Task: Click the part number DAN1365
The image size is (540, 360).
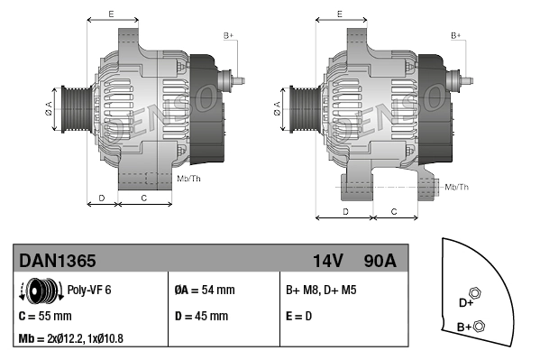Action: tap(58, 261)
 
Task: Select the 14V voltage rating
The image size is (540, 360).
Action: tap(327, 261)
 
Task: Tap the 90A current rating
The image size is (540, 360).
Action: tap(380, 261)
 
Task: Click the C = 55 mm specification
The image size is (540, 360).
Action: tap(45, 317)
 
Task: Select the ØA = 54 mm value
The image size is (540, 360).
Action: tap(204, 291)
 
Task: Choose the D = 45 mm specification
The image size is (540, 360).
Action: tap(200, 317)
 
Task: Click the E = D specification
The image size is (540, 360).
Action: tap(299, 317)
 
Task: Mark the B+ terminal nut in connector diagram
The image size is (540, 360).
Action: tap(479, 327)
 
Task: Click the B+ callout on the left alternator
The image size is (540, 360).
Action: tap(229, 35)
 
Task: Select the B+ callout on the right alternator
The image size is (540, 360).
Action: tap(457, 35)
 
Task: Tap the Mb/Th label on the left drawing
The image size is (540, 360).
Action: tap(189, 179)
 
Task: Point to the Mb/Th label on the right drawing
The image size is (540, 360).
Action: tap(457, 187)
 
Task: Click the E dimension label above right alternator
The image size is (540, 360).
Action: tap(339, 14)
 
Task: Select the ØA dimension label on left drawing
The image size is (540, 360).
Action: tap(49, 109)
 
